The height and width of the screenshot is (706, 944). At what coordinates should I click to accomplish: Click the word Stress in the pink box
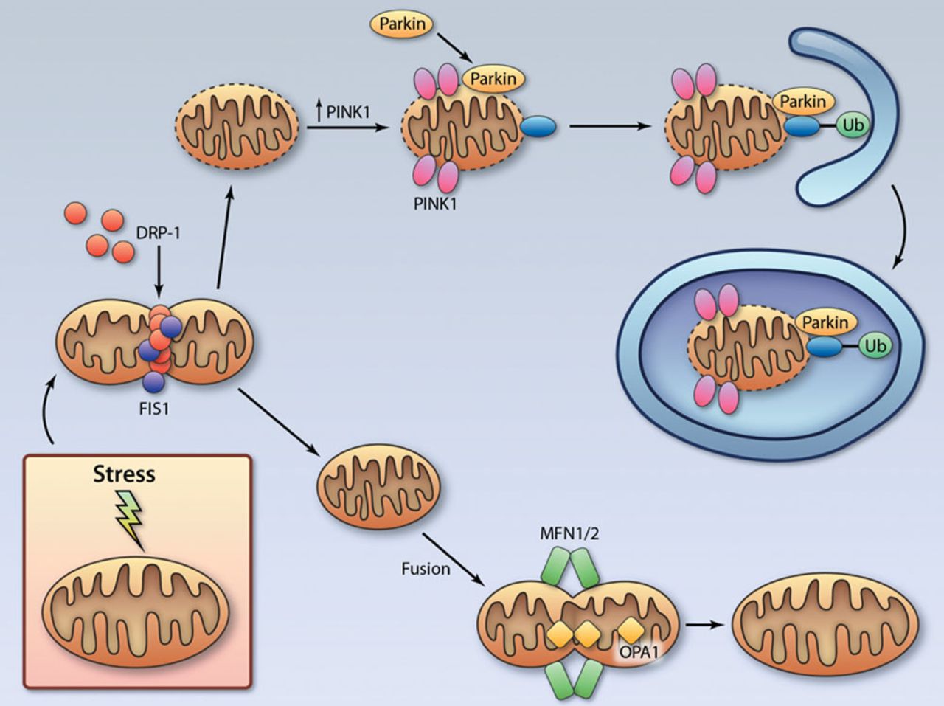pos(124,474)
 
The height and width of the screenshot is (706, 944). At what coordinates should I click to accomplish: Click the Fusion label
pos(426,569)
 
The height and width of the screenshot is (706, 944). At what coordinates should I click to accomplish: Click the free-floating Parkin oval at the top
pos(402,24)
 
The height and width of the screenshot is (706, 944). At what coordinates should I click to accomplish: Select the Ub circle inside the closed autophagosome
pos(875,345)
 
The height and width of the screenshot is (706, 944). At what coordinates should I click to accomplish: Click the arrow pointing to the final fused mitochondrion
pos(704,623)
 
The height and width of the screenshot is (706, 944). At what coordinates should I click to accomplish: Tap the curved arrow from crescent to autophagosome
pos(901,229)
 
